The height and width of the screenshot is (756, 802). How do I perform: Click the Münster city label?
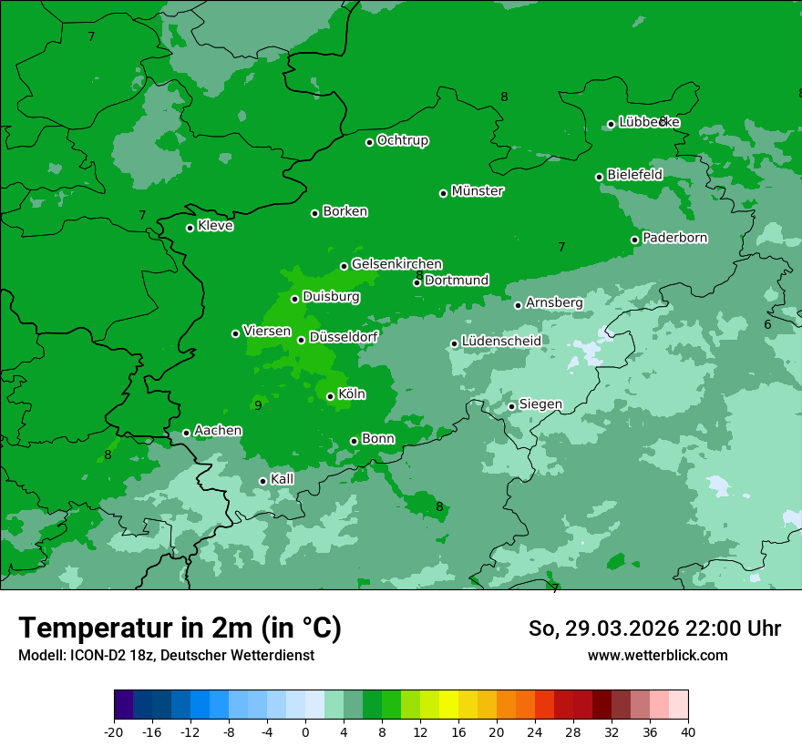(x=477, y=191)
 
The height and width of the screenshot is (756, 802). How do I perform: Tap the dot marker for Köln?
(x=330, y=396)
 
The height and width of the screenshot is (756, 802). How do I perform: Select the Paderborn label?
(x=674, y=238)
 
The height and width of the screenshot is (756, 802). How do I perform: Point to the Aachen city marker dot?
(x=186, y=433)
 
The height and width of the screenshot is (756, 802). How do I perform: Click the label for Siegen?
(x=540, y=404)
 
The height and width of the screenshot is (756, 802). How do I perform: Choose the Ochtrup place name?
(x=402, y=140)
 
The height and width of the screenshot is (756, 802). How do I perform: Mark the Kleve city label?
(x=215, y=226)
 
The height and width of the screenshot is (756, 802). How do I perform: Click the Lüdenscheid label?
(x=501, y=342)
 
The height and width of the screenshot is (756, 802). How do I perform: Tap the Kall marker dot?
(x=262, y=481)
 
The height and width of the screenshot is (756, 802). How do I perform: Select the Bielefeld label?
(x=634, y=175)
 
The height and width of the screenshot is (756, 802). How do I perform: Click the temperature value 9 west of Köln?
(x=258, y=405)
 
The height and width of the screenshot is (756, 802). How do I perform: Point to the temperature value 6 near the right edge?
(x=767, y=325)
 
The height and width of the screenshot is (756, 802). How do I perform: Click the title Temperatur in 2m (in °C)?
(x=180, y=628)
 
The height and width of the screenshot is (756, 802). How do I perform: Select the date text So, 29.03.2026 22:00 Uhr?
(x=654, y=628)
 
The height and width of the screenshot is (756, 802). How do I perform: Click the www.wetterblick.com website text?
(x=657, y=655)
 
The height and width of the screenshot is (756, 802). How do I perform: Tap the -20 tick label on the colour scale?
(x=114, y=731)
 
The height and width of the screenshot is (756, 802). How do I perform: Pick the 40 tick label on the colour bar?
(x=688, y=731)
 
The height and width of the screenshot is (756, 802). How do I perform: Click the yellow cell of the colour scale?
(x=448, y=705)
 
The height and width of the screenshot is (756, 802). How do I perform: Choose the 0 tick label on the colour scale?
(x=305, y=731)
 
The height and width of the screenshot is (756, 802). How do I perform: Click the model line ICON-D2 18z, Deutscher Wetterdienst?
(x=166, y=655)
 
